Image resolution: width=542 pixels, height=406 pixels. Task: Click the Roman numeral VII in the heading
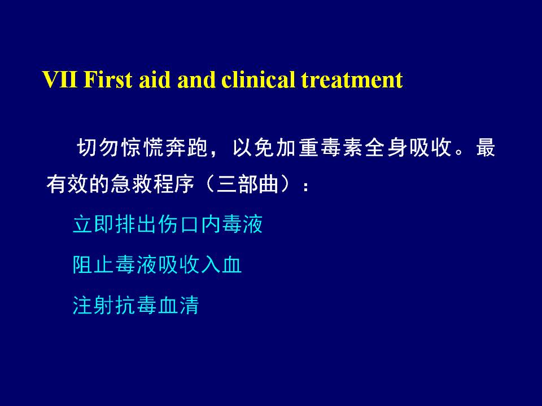click(x=59, y=80)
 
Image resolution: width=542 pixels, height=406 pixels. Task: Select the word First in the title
click(x=107, y=80)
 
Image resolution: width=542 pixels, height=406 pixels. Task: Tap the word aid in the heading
click(x=155, y=80)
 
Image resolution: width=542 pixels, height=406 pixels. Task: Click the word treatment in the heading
click(x=352, y=80)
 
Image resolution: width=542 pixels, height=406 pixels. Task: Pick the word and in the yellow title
click(x=196, y=80)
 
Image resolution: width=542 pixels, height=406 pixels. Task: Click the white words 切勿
click(x=99, y=147)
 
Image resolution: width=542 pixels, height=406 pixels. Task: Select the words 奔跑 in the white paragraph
click(x=187, y=147)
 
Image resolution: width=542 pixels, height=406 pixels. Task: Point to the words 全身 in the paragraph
click(x=386, y=147)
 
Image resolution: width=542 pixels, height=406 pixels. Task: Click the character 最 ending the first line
click(x=486, y=147)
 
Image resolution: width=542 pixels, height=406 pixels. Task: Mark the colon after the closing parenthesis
click(x=305, y=187)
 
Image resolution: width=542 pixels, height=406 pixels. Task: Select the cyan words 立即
click(x=94, y=224)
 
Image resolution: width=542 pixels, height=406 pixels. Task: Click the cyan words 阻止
click(x=94, y=265)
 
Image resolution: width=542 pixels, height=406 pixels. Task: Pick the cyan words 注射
click(x=94, y=305)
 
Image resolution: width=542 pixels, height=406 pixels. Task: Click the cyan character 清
click(x=189, y=305)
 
